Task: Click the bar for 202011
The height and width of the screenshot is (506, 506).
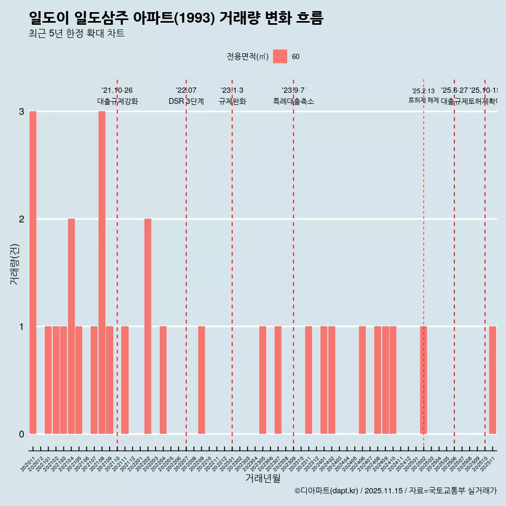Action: [x=33, y=273]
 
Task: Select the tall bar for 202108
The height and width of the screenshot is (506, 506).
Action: [x=102, y=273]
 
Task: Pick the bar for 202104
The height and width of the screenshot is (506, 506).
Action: [x=71, y=326]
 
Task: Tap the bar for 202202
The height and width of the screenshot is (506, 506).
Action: [x=148, y=326]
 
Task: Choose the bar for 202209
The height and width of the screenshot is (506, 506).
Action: [x=201, y=380]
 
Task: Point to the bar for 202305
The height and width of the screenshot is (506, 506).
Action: [x=262, y=380]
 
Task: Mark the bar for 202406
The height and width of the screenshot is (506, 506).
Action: [x=362, y=380]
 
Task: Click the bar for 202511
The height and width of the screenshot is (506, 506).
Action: [x=492, y=380]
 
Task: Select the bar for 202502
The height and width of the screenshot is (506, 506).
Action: [x=423, y=380]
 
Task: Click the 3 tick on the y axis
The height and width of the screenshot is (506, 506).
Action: [x=22, y=111]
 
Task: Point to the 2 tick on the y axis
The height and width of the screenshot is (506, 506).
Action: [x=22, y=219]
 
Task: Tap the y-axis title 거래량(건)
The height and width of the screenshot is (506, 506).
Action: [x=15, y=264]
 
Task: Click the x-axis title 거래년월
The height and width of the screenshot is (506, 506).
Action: [x=262, y=478]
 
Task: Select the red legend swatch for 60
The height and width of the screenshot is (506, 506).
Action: [x=280, y=56]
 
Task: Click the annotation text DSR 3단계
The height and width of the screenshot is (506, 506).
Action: [x=186, y=101]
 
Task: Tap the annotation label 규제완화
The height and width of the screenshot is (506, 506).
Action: [x=232, y=101]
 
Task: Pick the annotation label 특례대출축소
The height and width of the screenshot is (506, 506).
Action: [x=293, y=101]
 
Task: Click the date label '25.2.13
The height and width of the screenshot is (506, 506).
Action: [x=423, y=91]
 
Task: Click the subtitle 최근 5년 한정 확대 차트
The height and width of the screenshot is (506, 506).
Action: [x=76, y=34]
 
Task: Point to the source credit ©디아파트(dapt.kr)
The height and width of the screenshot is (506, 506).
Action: [x=326, y=491]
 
